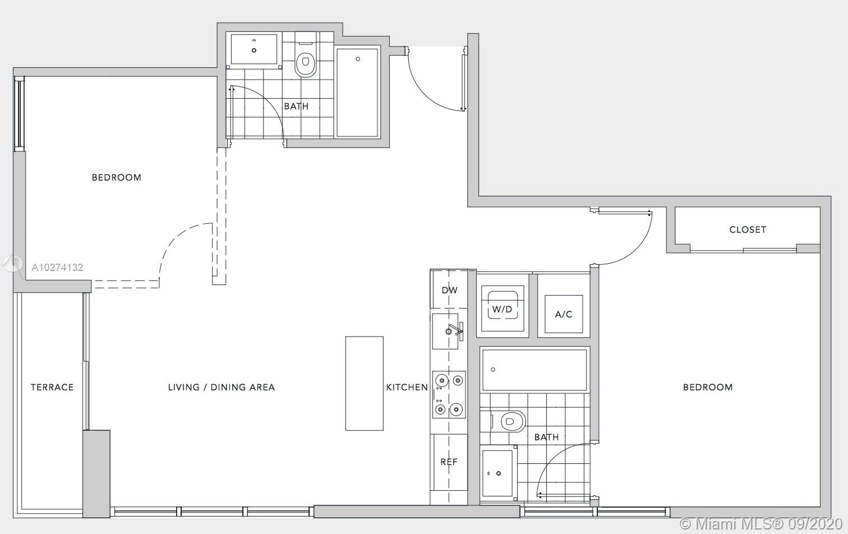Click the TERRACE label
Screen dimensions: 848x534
(52, 387)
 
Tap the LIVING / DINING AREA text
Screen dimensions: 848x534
(222, 387)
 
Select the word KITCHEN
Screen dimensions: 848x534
(407, 387)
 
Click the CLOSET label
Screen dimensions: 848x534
(748, 229)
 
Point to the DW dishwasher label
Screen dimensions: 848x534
(449, 290)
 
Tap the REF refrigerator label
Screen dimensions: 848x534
(449, 462)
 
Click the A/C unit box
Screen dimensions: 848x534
(564, 314)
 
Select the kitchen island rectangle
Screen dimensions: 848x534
(364, 383)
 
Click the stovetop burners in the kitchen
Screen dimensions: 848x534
(449, 394)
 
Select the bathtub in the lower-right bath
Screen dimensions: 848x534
(534, 370)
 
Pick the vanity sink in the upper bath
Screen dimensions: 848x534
(254, 49)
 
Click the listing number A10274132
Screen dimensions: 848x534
(57, 268)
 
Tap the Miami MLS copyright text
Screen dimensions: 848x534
(761, 524)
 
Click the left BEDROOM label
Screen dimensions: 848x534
(117, 177)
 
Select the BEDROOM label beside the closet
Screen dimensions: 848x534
(708, 387)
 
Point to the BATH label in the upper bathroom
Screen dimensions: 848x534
(297, 106)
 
